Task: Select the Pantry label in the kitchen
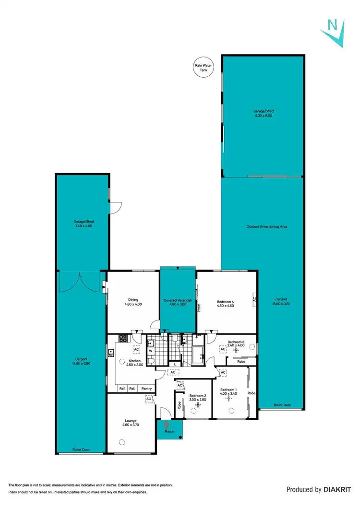tap(146, 389)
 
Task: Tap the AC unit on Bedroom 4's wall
tap(254, 299)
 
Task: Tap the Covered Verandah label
tap(178, 300)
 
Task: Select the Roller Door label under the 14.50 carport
tap(81, 450)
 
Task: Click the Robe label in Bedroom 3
tap(241, 362)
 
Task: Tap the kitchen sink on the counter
tap(111, 354)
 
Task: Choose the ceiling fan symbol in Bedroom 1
tap(232, 409)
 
